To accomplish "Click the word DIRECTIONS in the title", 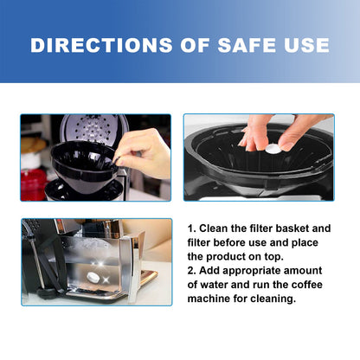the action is [x=101, y=45].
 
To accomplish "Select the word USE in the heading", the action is [x=306, y=45].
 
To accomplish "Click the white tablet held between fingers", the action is [x=273, y=149].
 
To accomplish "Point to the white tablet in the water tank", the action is [x=93, y=277].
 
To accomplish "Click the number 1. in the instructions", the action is [x=191, y=228].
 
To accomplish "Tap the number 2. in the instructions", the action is [x=192, y=271].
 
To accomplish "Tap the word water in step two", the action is [x=214, y=285].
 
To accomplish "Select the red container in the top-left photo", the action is [x=33, y=184].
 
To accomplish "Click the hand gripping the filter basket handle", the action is [x=144, y=153].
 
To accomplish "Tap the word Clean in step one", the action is [x=213, y=228].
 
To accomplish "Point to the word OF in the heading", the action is [x=195, y=45].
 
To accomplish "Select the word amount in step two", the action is [x=303, y=271].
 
